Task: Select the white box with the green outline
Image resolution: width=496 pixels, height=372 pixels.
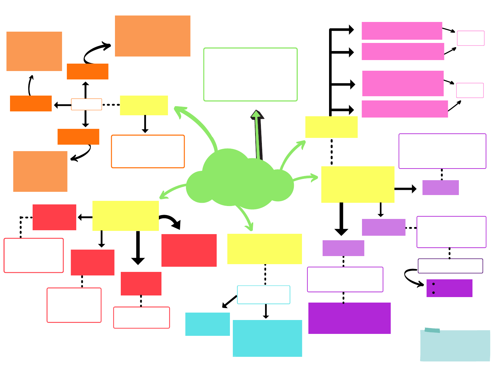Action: tap(250, 75)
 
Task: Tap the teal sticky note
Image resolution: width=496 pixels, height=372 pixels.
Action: tap(455, 346)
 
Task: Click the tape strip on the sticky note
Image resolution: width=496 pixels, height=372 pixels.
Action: tap(432, 330)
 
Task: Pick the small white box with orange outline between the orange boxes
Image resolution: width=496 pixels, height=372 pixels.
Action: tap(86, 104)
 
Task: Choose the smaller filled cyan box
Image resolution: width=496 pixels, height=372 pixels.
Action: tap(207, 324)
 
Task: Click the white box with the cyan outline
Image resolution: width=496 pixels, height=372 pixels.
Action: tap(263, 294)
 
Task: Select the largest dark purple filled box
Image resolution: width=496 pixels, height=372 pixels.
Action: tap(349, 318)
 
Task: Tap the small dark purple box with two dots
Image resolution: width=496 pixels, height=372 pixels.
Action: tap(449, 288)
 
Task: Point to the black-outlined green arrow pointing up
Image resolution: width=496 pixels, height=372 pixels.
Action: tap(258, 134)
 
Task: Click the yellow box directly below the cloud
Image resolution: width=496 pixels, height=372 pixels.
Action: tap(264, 249)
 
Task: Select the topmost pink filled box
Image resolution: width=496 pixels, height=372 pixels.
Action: tap(402, 31)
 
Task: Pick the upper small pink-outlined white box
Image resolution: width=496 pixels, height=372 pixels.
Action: tap(470, 38)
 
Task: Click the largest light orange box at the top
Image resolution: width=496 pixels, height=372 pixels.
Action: tap(152, 36)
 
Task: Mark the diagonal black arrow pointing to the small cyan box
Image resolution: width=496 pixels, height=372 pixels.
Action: tap(230, 301)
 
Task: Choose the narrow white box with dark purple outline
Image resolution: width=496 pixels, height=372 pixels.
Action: tap(450, 266)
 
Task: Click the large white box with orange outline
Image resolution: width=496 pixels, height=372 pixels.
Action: tap(148, 151)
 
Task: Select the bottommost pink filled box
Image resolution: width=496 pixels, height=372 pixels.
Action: tap(404, 109)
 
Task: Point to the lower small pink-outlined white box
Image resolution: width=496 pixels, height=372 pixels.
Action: tap(470, 90)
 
